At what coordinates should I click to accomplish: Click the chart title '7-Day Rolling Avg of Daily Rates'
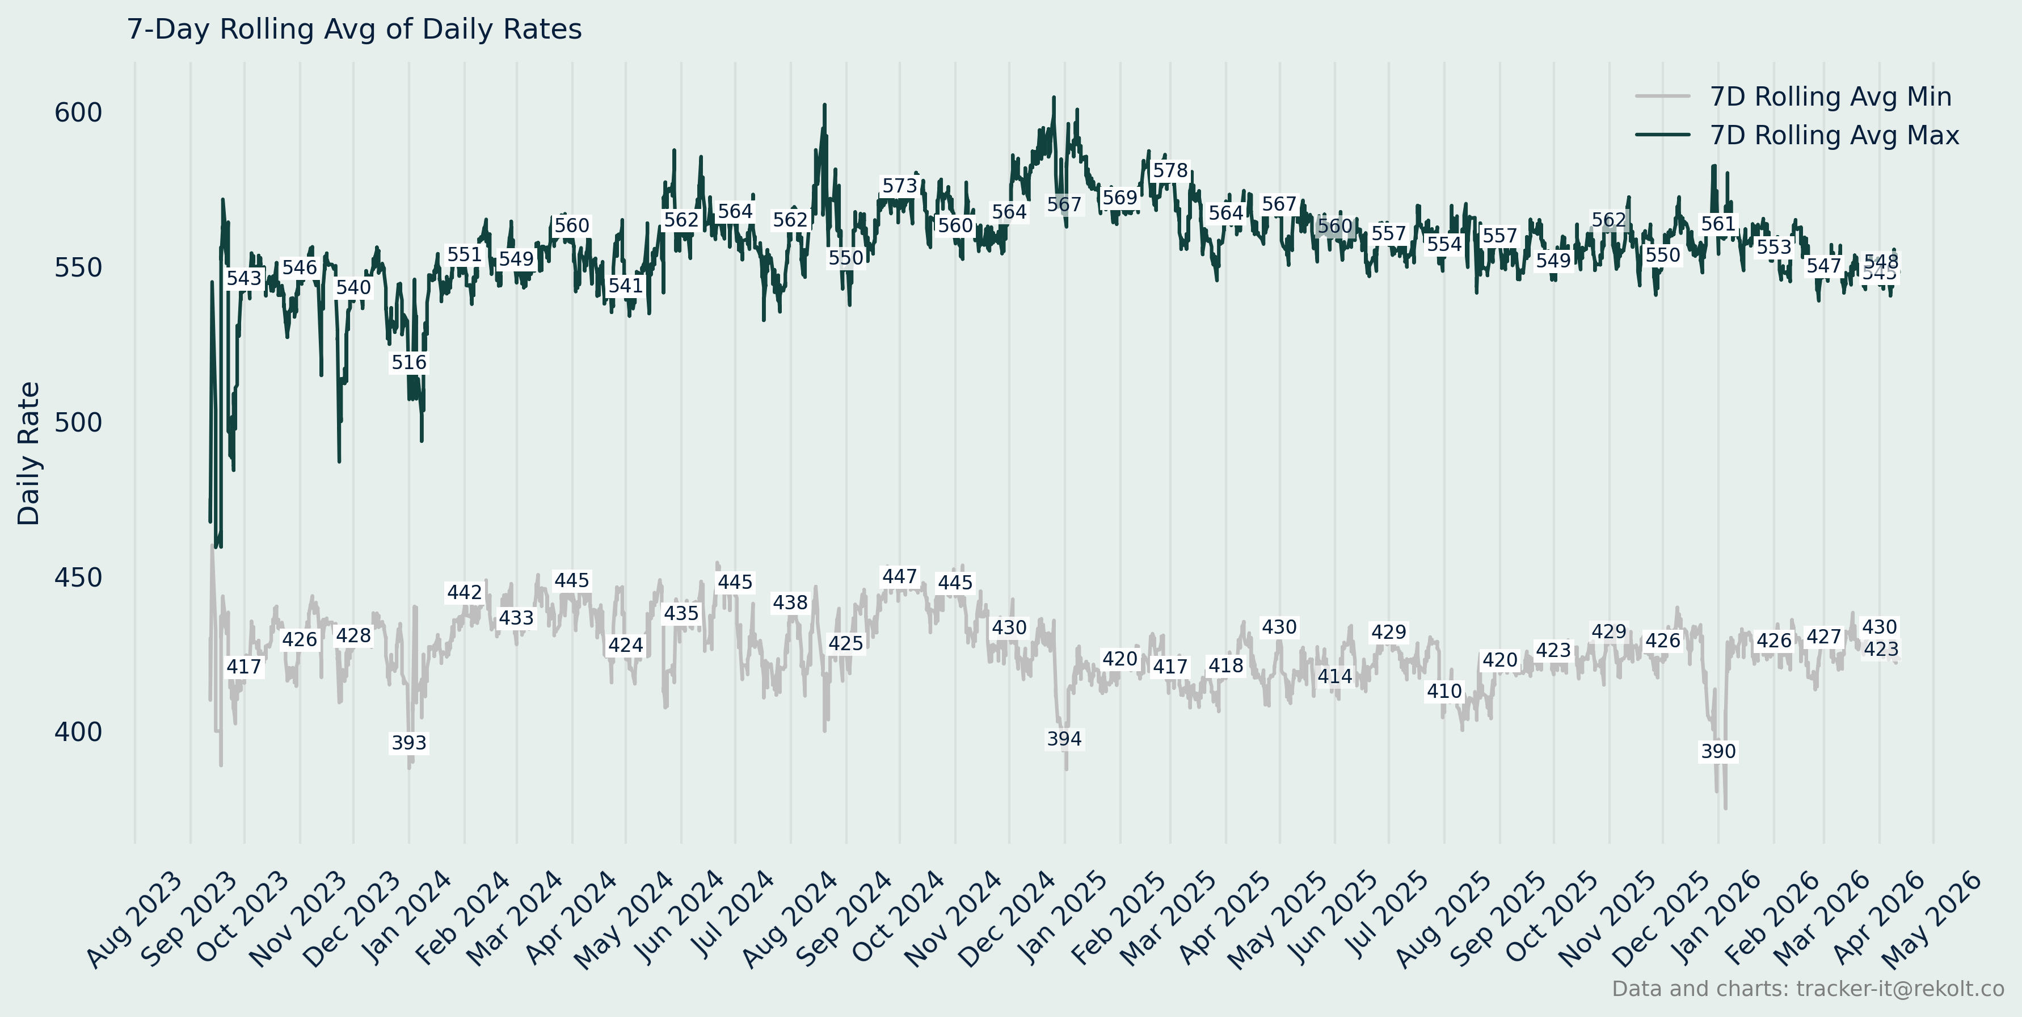[354, 29]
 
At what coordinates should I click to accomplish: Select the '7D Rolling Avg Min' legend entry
[1830, 97]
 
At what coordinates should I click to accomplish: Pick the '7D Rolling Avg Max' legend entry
[1834, 135]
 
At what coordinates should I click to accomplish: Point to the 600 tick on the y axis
[78, 113]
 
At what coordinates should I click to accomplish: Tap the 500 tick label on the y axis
[78, 422]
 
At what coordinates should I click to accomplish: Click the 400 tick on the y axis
[78, 732]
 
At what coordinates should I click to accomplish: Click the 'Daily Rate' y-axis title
[29, 453]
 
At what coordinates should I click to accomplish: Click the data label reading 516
[409, 363]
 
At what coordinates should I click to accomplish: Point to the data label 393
[409, 743]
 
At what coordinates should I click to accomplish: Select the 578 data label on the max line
[1169, 171]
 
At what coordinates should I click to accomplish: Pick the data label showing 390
[1718, 752]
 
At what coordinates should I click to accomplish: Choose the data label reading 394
[1064, 739]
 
